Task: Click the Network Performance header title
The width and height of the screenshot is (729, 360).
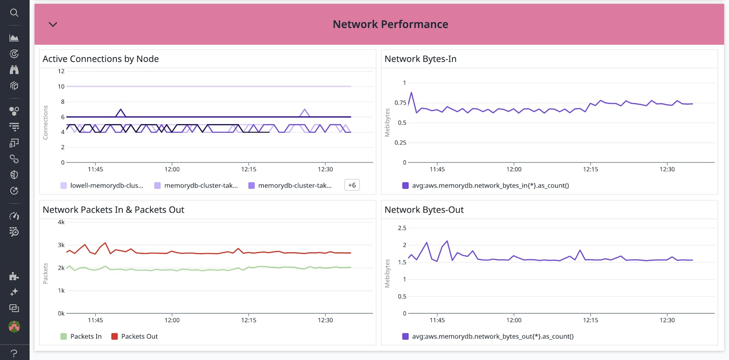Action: point(390,25)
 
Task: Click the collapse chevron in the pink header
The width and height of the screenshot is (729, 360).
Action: point(53,25)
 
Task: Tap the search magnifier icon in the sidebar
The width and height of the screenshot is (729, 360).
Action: point(14,13)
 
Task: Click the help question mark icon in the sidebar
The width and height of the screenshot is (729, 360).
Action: point(14,353)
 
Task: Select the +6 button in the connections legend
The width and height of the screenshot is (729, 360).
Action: point(352,185)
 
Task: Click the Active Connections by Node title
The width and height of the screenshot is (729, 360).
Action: point(101,59)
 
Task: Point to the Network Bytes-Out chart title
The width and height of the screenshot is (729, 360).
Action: point(424,210)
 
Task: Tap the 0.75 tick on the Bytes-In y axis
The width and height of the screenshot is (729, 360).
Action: point(400,103)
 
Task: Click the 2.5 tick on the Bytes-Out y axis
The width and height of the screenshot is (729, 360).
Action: point(402,228)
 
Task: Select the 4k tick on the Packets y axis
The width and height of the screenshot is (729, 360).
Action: point(61,222)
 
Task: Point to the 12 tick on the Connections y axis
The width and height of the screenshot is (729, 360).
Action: point(61,71)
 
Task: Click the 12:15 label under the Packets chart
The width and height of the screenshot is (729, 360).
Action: point(249,320)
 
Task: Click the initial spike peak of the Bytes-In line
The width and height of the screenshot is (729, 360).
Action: point(411,92)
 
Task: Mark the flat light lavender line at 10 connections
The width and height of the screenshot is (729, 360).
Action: point(207,86)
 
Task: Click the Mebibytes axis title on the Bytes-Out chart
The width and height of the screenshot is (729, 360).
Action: point(387,273)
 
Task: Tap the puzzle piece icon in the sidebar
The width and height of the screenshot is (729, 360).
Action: point(14,276)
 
